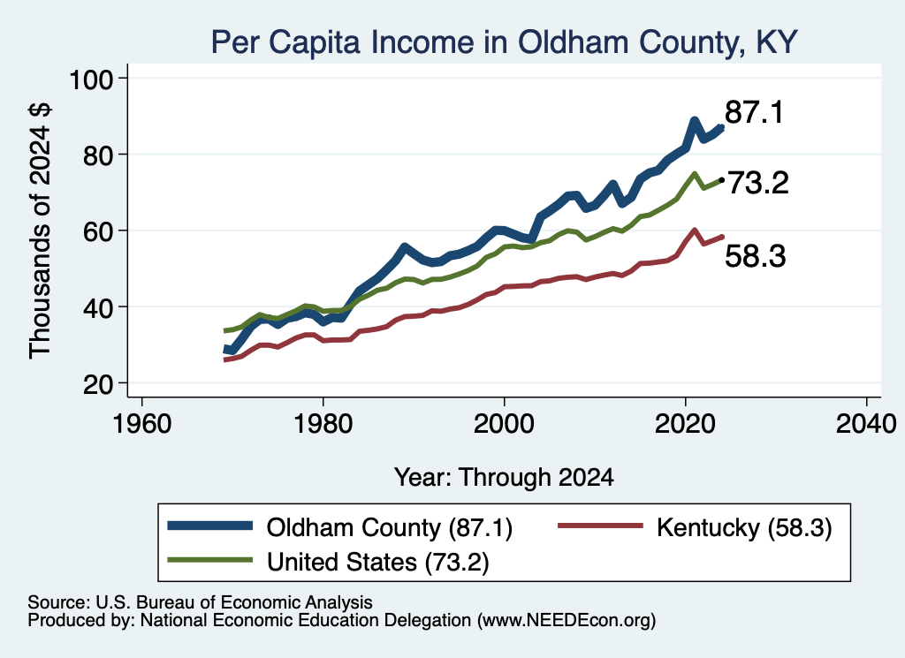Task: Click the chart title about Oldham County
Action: click(x=504, y=42)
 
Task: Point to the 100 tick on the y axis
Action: click(x=91, y=79)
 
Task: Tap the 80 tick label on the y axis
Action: click(x=98, y=155)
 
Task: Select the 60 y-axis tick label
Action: click(x=98, y=231)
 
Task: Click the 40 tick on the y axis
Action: click(x=98, y=307)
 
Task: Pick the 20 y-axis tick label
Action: click(x=98, y=383)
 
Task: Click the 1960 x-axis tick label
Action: click(x=142, y=424)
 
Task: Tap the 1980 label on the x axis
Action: click(x=323, y=424)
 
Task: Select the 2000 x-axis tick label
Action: click(x=504, y=424)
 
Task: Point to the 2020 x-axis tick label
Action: click(x=685, y=424)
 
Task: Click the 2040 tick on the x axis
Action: click(x=866, y=424)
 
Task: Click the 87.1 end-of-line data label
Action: click(x=755, y=112)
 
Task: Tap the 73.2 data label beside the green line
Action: click(x=757, y=184)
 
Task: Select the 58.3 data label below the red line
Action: click(x=755, y=256)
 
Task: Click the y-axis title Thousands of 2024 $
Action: click(x=40, y=231)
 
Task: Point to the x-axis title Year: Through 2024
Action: click(x=504, y=478)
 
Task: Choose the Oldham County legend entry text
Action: click(x=390, y=527)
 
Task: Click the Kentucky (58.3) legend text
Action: click(x=744, y=527)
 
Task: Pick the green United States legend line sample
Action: click(x=210, y=560)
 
